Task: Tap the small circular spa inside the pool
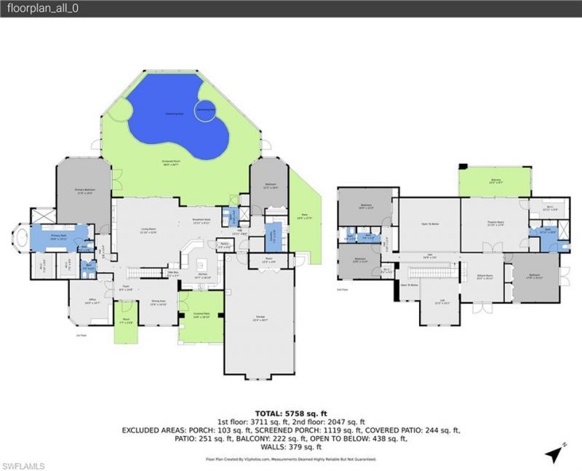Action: (x=207, y=109)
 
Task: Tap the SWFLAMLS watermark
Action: (x=23, y=464)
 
